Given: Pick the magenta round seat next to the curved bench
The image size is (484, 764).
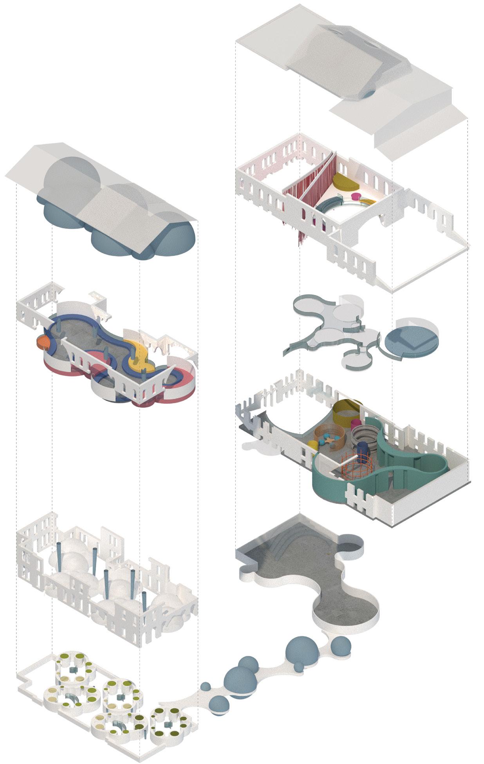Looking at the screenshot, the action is (x=356, y=196).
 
